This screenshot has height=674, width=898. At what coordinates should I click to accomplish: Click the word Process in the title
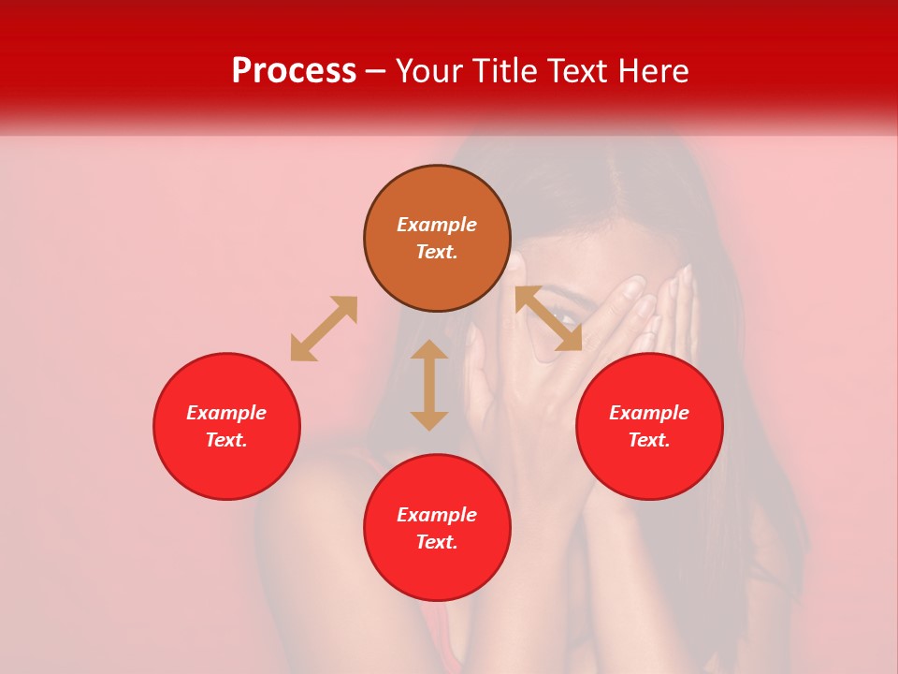pos(294,71)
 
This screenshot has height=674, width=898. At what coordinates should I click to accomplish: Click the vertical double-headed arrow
pos(429,385)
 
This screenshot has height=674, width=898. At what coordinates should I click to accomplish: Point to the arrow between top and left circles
pos(324,329)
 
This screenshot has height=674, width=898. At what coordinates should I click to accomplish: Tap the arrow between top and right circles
pos(548,318)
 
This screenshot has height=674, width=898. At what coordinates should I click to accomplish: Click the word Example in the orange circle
pos(437,225)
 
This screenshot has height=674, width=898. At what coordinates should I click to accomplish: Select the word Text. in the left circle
pos(226,440)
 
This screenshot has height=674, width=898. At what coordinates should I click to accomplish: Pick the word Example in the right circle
pos(649,413)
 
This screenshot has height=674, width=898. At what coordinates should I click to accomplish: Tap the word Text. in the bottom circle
pos(437,542)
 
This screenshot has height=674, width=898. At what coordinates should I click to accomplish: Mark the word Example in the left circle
pos(226,413)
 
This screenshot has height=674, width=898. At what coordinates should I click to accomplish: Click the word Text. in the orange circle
pos(437,252)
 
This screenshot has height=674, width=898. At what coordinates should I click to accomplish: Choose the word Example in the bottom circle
pos(437,515)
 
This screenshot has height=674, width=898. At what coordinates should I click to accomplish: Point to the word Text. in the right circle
pos(649,440)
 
